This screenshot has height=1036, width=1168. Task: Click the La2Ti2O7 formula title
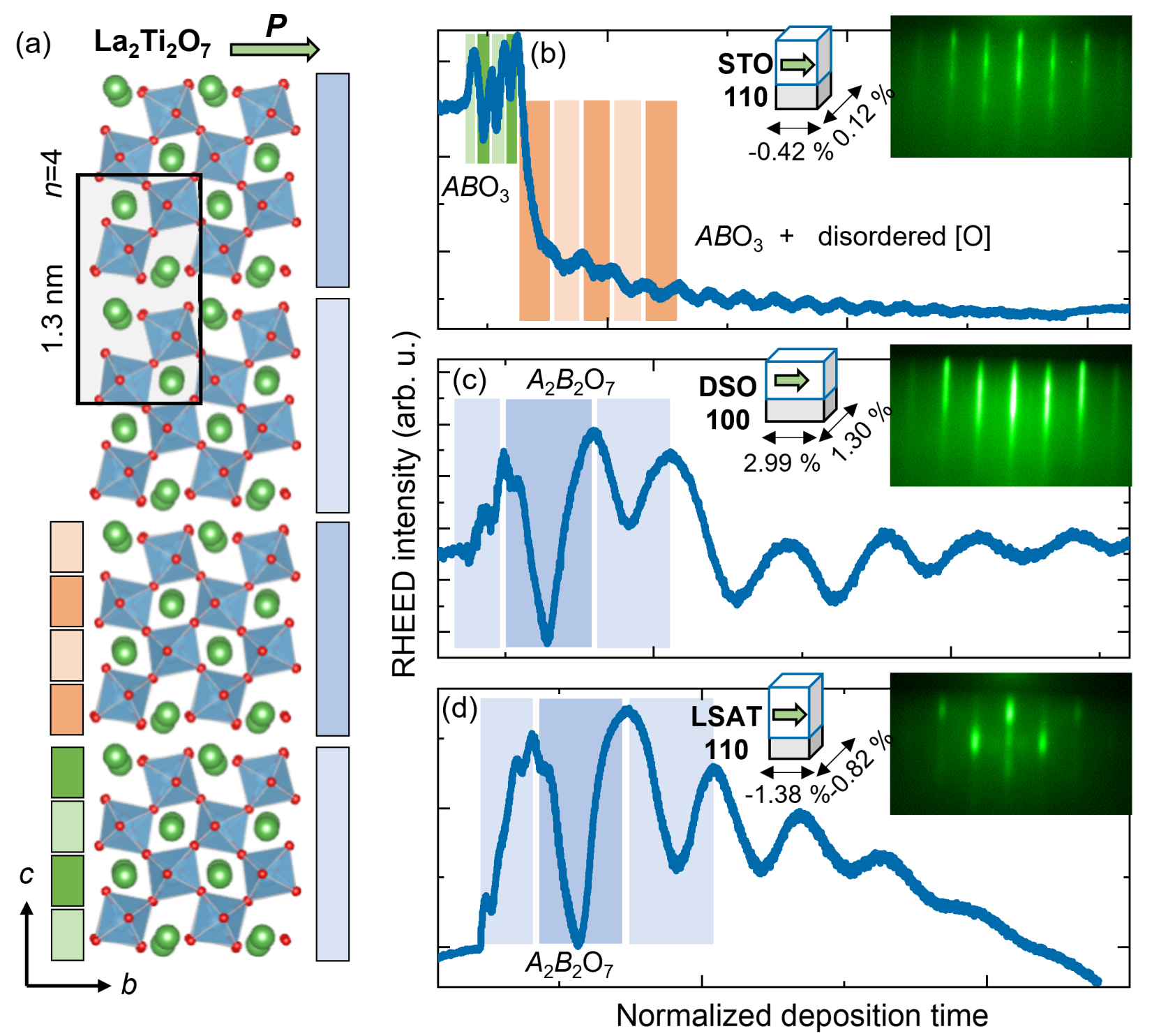tap(152, 43)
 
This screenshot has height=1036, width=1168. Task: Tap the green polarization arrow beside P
tap(274, 49)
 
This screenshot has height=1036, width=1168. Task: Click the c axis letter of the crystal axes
tap(27, 874)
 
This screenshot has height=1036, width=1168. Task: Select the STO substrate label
tap(745, 64)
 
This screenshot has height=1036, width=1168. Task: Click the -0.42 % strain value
tap(791, 151)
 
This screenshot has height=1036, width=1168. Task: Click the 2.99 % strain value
tap(781, 463)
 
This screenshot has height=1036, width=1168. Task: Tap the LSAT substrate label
tap(726, 716)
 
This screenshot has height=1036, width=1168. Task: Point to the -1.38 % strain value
tap(787, 794)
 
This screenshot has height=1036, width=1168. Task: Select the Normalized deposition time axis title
tap(802, 1016)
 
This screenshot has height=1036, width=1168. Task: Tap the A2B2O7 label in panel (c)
tap(570, 381)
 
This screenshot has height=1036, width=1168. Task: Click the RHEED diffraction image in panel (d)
tap(1010, 744)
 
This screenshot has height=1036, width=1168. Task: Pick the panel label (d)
tap(460, 709)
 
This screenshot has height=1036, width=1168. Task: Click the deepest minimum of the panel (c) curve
tap(548, 640)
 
